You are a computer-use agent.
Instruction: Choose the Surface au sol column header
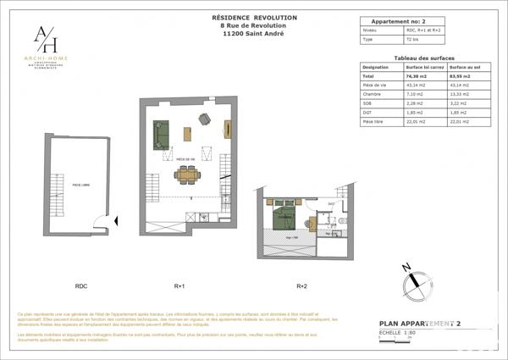coord(466,66)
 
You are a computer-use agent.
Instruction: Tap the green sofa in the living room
coord(161,134)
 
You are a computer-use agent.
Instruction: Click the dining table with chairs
coord(187,175)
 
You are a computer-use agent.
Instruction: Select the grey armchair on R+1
coord(204,119)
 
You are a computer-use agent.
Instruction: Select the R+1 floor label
coord(179,286)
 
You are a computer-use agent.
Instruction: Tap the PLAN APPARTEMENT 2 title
coord(420,324)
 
